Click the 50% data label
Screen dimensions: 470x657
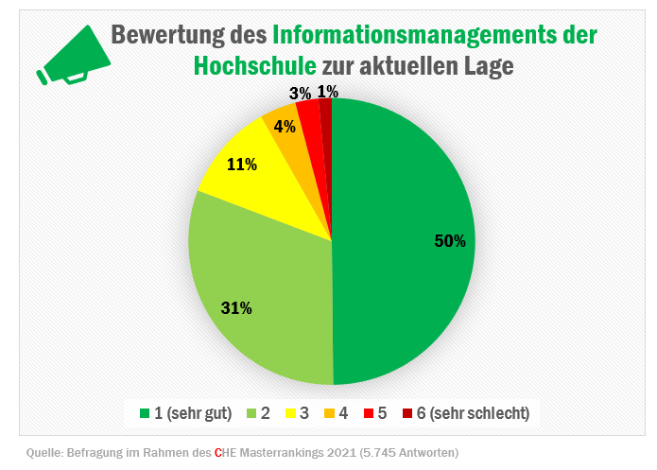pos(450,241)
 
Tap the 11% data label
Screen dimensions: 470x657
pos(243,164)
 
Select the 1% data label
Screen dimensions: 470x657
pos(328,91)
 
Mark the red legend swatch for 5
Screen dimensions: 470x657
pos(368,413)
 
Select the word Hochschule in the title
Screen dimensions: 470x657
pos(254,66)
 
